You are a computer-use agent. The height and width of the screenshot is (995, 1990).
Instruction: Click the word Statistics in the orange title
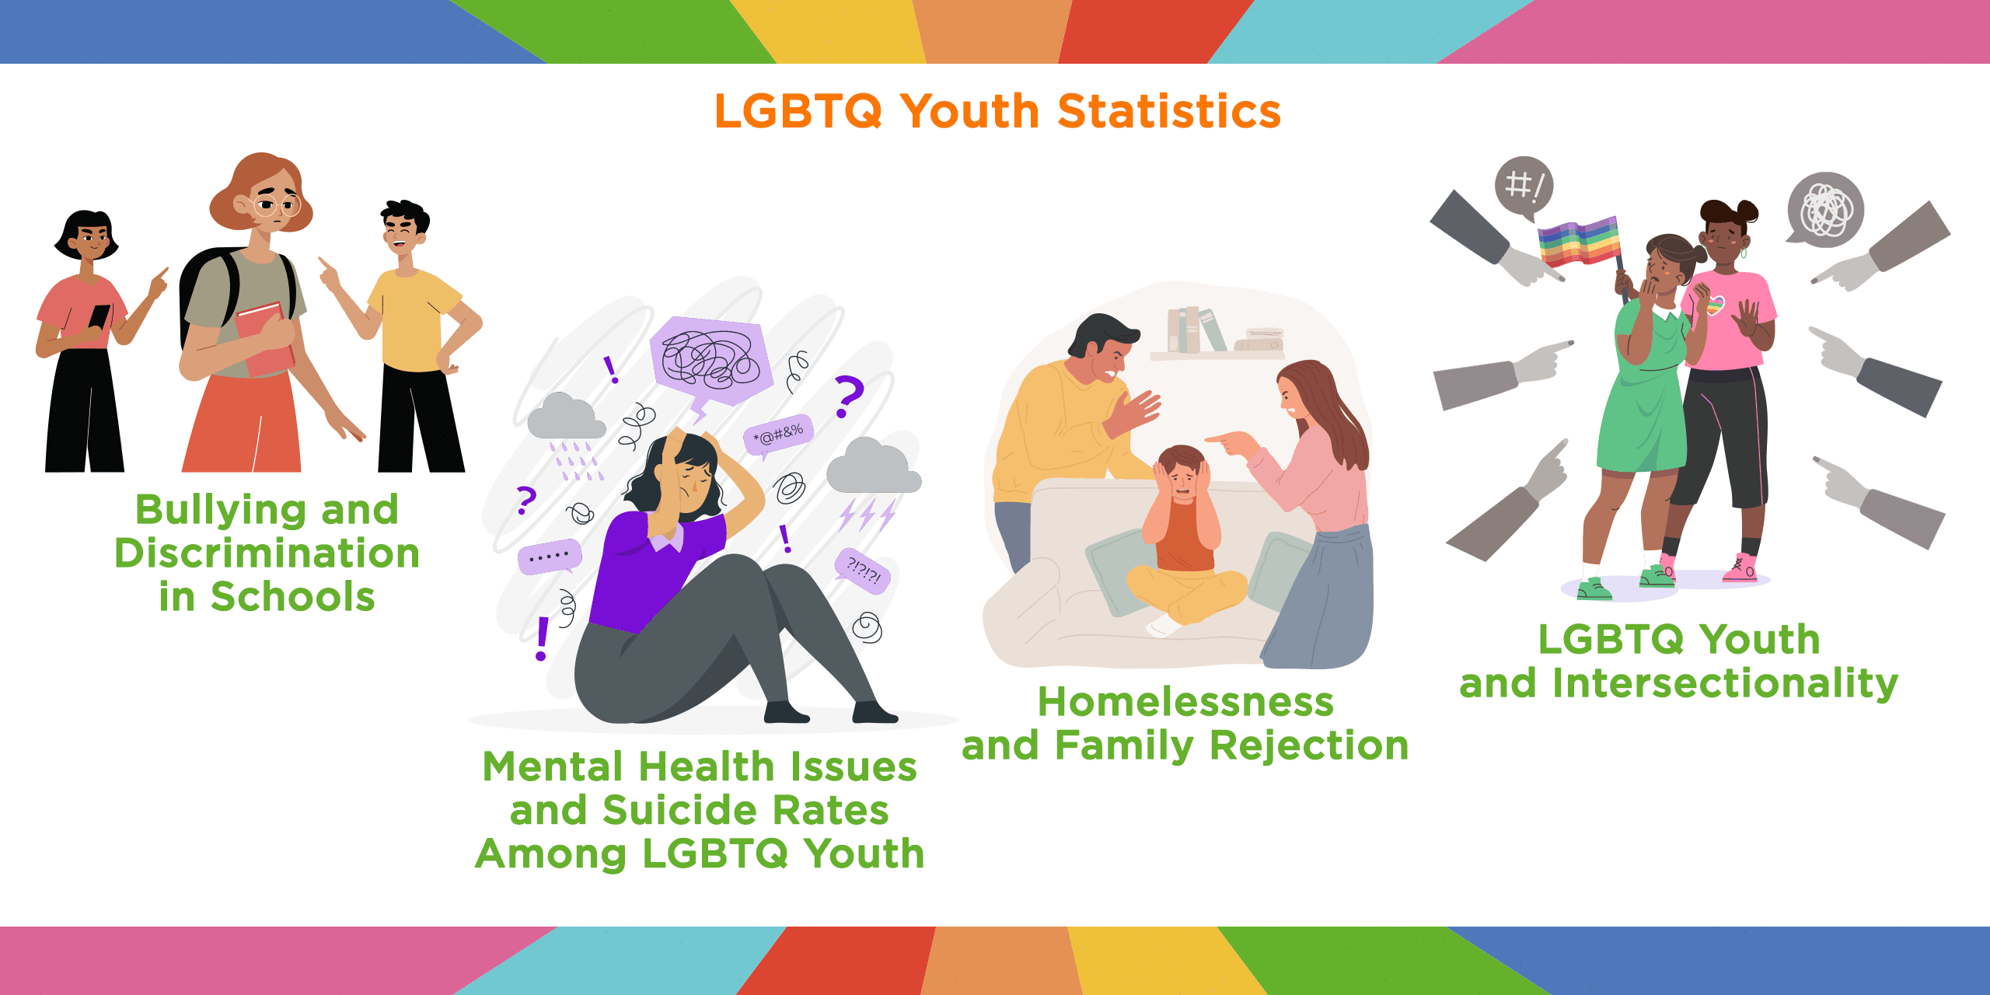coord(1169,111)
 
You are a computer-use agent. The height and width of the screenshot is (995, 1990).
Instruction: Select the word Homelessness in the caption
coord(1185,702)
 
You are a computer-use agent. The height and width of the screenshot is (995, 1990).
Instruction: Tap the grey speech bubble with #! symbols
coord(1524,188)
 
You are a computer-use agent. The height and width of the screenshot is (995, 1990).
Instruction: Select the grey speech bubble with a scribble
coord(1825,209)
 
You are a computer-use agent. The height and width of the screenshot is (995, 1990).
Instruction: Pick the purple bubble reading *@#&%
coord(778,434)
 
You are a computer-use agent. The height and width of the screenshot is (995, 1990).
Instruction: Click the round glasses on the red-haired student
coord(276,206)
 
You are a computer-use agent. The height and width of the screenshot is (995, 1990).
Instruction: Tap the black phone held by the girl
coord(99,319)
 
